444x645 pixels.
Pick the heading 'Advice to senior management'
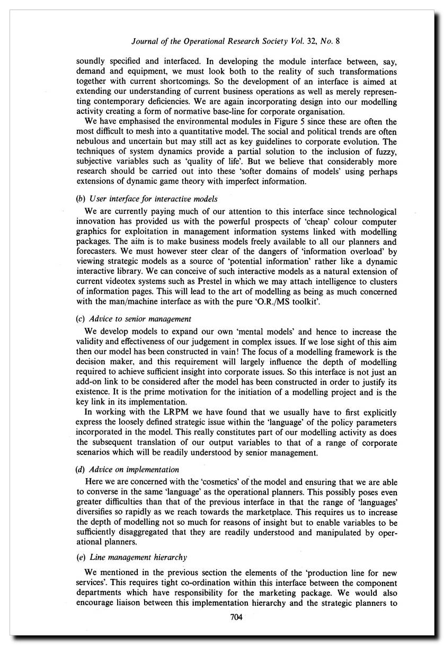140,319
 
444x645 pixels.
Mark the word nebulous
93,142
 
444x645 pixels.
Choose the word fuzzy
386,152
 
